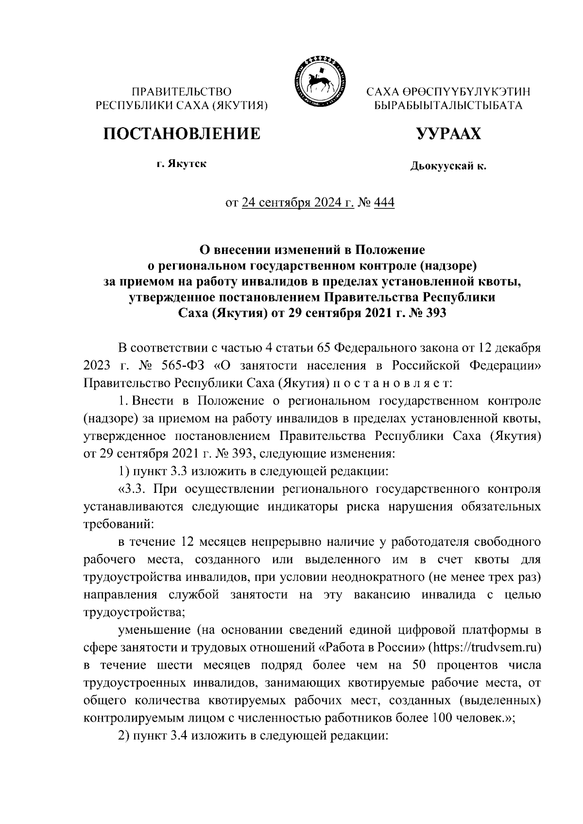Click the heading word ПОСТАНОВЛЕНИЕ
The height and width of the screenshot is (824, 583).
coord(181,134)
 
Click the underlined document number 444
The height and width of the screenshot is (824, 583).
coord(384,202)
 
